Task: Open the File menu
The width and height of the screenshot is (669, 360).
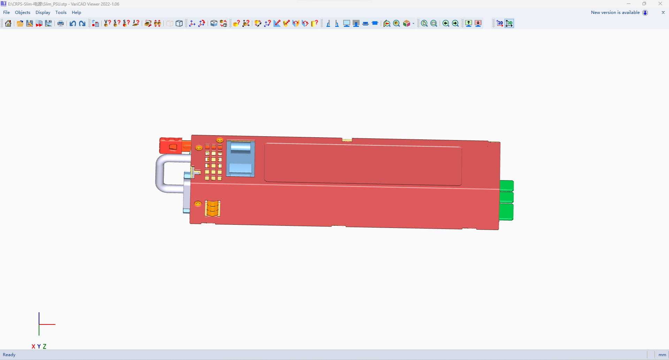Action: point(6,12)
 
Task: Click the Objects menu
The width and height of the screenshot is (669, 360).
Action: point(23,12)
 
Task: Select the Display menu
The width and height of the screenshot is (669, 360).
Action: point(43,12)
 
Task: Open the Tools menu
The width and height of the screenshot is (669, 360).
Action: point(61,12)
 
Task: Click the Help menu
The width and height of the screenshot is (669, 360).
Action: point(76,12)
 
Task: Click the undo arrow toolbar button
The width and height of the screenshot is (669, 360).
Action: point(72,23)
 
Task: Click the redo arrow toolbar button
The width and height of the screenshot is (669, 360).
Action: point(82,23)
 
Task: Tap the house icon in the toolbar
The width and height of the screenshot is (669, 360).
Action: point(8,23)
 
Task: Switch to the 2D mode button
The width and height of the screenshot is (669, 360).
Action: point(500,23)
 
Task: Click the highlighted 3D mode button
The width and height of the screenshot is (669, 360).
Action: point(509,23)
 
